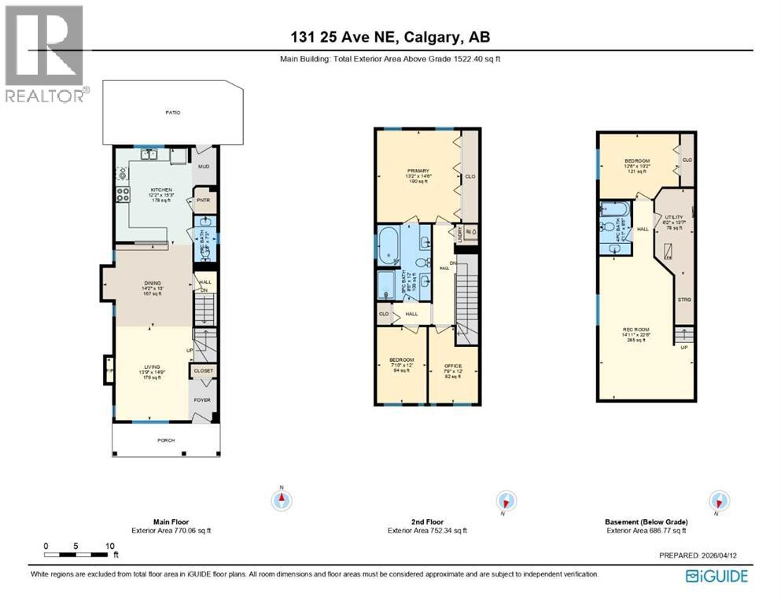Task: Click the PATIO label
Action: pyautogui.click(x=173, y=112)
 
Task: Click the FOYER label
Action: pyautogui.click(x=204, y=400)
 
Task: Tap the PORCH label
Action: pyautogui.click(x=165, y=440)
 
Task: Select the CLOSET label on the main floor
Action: pyautogui.click(x=204, y=370)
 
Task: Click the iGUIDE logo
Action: pyautogui.click(x=717, y=576)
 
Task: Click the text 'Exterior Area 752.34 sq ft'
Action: pyautogui.click(x=427, y=531)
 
